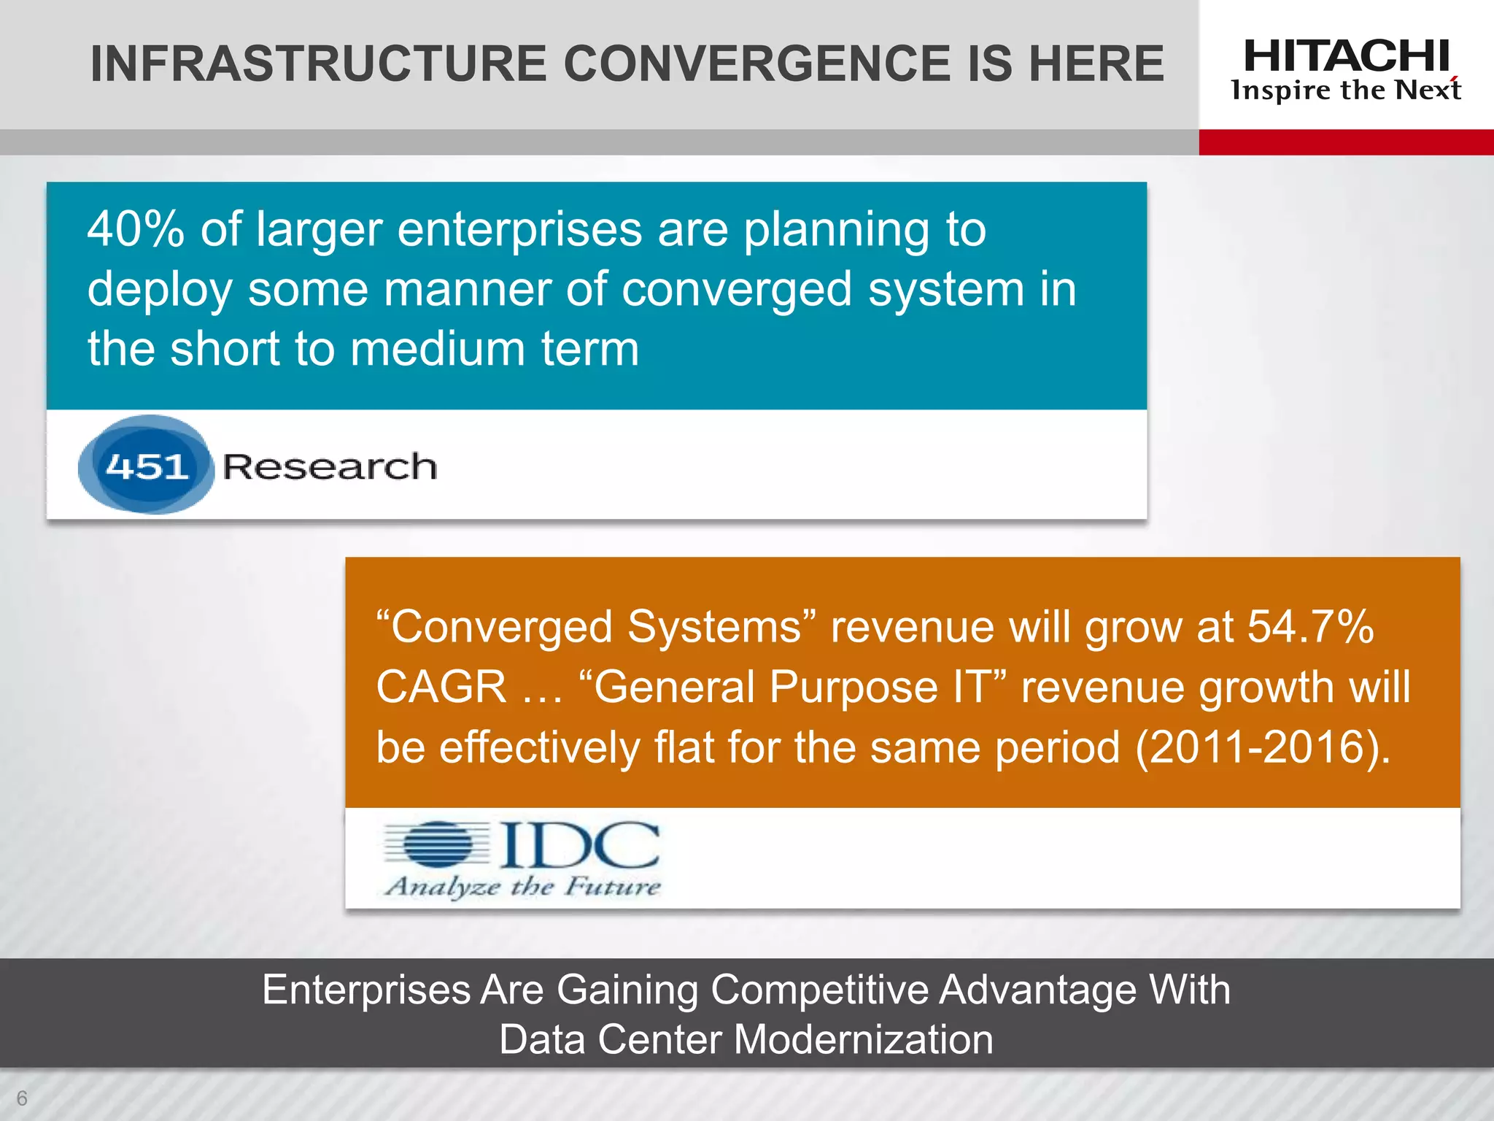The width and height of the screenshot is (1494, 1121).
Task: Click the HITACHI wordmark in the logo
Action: pyautogui.click(x=1346, y=56)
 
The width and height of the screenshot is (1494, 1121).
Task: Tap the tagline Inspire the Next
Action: pyautogui.click(x=1346, y=90)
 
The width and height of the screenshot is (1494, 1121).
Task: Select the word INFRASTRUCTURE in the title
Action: pyautogui.click(x=318, y=63)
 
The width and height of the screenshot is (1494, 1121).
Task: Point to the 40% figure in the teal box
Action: pyautogui.click(x=136, y=230)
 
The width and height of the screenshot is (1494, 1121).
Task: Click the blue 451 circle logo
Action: pyautogui.click(x=146, y=465)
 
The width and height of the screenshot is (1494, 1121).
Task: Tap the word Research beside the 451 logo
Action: pyautogui.click(x=330, y=466)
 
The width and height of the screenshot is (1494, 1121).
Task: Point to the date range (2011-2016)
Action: pyautogui.click(x=1262, y=747)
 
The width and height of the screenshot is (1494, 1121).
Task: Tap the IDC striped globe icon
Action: pyautogui.click(x=438, y=845)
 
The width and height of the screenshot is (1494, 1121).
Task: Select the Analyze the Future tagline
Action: pyautogui.click(x=522, y=887)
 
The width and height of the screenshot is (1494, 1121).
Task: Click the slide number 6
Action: pyautogui.click(x=22, y=1098)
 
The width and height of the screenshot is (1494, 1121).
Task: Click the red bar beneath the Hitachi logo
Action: pyautogui.click(x=1346, y=142)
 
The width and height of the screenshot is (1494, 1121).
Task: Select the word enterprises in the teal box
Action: pyautogui.click(x=519, y=230)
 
